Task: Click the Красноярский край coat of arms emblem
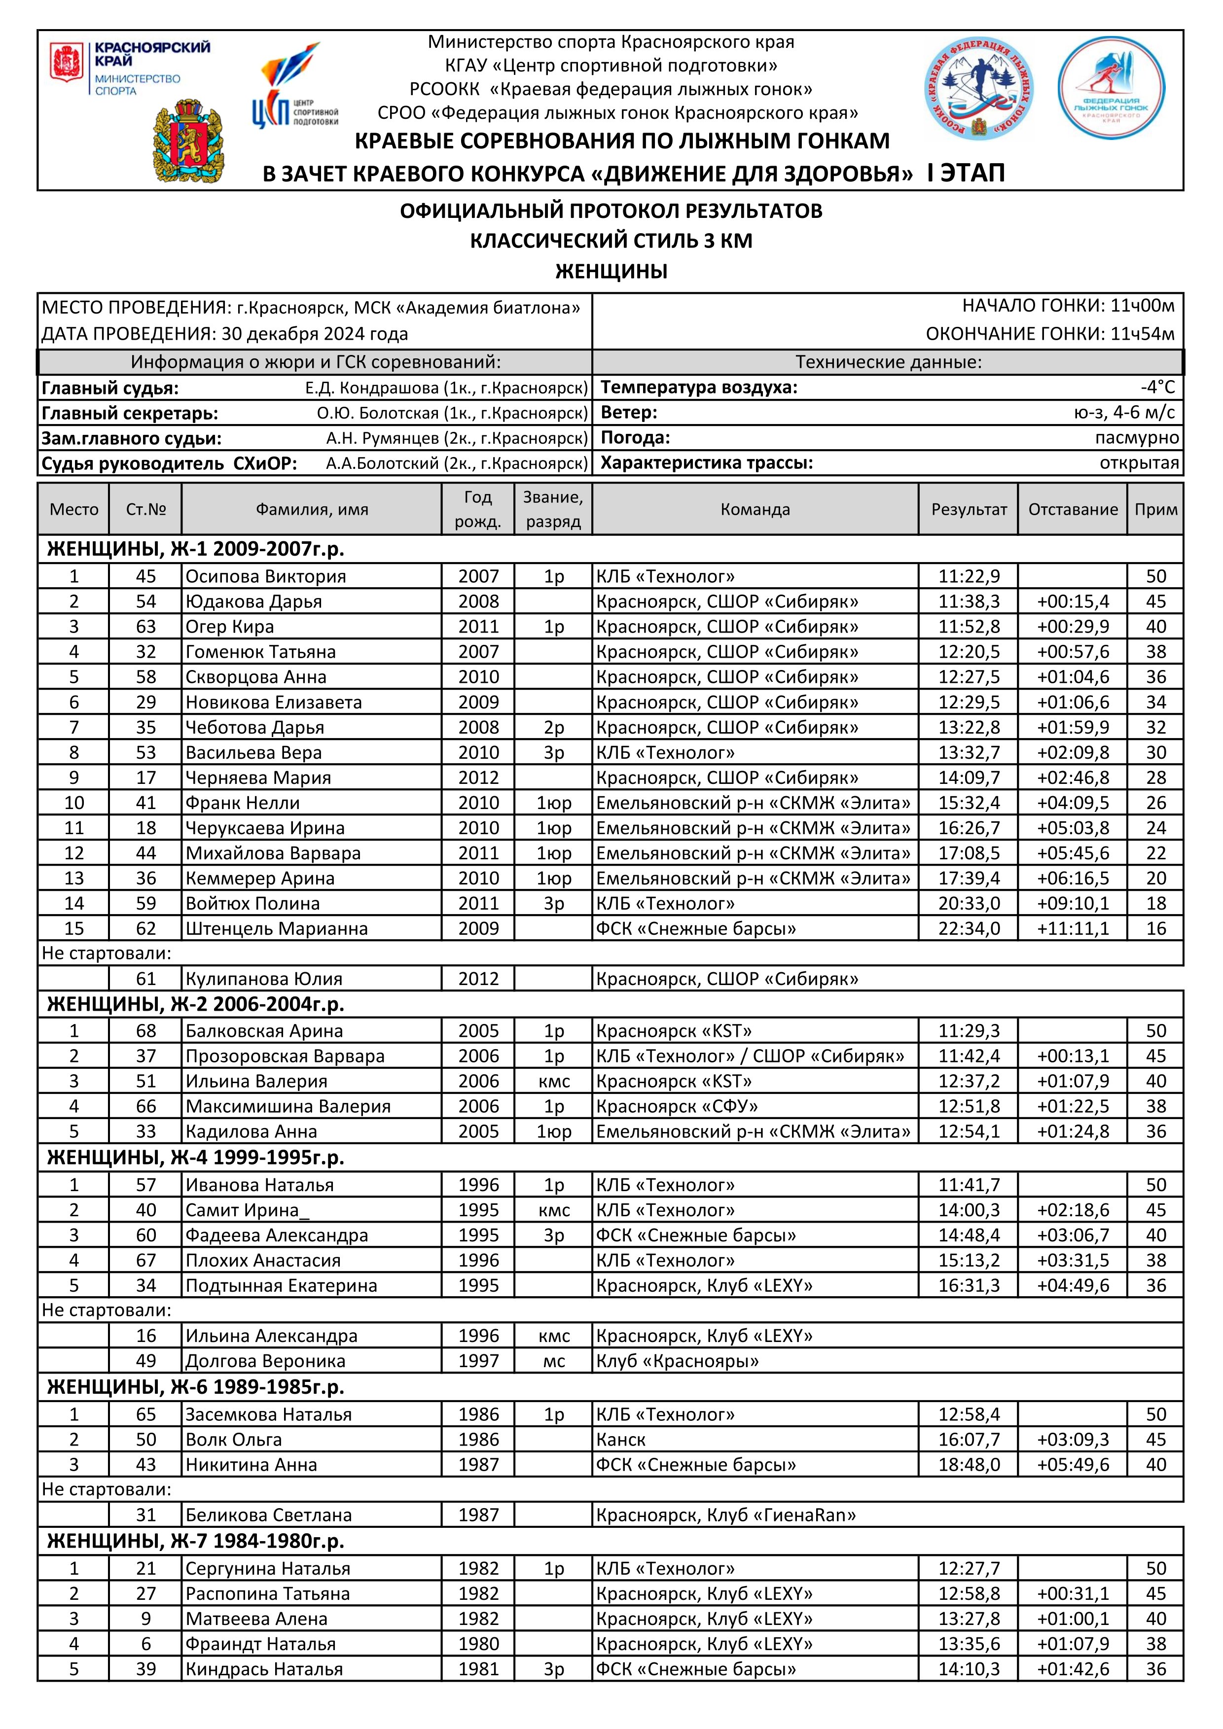[x=188, y=143]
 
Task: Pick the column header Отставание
[x=1073, y=509]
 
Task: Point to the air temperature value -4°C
[x=1157, y=387]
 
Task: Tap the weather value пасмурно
[x=1136, y=437]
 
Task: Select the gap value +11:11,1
[x=1073, y=928]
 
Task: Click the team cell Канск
[x=621, y=1439]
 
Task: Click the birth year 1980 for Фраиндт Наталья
[x=478, y=1643]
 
